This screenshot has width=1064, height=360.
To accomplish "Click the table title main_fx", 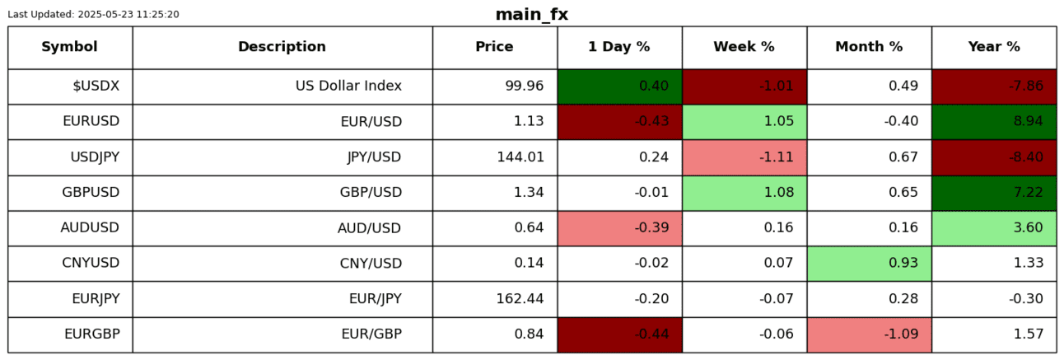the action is pos(531,14).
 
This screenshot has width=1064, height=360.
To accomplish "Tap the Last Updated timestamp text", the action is pos(94,14).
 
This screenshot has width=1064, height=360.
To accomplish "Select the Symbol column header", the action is pos(69,46).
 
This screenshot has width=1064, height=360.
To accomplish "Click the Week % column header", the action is pos(744,46).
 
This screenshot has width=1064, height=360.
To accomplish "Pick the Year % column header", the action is pos(994,46).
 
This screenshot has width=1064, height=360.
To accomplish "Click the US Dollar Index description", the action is pos(348,86).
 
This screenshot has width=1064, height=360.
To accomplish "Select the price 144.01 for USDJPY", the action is pos(520,157).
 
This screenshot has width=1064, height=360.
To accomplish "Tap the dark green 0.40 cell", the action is pos(620,86).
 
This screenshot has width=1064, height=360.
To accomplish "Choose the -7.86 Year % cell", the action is pos(994,86).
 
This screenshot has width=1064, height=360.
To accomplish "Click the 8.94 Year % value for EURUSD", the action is pos(994,122).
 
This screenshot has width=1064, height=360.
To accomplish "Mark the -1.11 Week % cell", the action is pos(744,157).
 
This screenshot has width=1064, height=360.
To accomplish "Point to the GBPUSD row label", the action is pos(91,192).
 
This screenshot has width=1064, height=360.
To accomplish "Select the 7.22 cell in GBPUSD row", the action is pos(994,193).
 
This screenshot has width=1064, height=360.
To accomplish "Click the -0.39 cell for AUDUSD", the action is pos(620,228).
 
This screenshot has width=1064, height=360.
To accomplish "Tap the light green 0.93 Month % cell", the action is pos(870,263).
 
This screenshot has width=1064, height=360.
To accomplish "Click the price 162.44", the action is pos(520,299).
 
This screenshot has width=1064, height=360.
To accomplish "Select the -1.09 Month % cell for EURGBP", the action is pos(870,334).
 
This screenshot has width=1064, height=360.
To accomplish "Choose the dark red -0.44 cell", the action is pos(620,334).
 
